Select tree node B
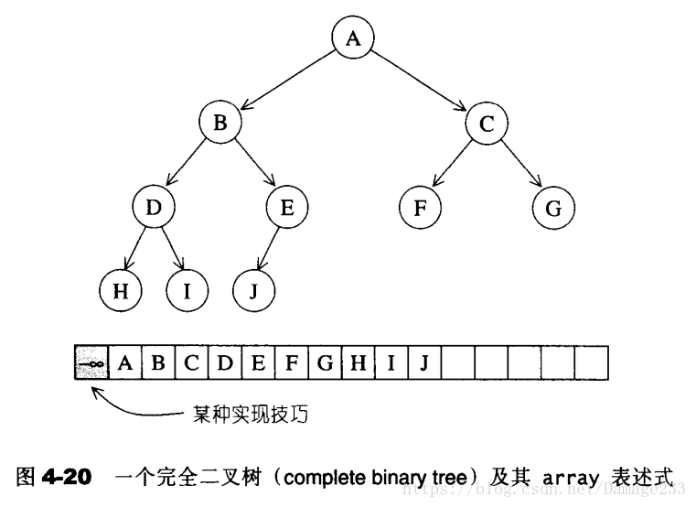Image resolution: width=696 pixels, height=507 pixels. [220, 124]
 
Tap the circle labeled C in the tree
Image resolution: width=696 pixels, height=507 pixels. [486, 124]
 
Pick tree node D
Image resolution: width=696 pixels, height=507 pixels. [153, 208]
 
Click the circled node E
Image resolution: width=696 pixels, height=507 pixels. [287, 208]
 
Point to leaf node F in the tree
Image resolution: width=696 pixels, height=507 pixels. [420, 208]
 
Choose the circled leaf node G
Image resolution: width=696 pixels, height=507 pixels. [553, 208]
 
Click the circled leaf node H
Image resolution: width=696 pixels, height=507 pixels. [120, 291]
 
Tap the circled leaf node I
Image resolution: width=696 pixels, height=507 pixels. [187, 291]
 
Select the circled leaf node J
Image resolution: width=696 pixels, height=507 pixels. [253, 291]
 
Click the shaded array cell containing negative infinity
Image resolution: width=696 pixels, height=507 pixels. [91, 362]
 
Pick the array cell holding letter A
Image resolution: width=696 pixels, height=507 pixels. [125, 362]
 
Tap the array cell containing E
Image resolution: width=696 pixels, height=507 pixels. [258, 362]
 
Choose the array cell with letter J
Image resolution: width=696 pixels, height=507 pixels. [424, 362]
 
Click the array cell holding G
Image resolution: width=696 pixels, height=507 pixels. [325, 362]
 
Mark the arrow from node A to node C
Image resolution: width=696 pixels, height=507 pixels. [421, 81]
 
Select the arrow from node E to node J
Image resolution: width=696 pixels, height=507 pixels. [270, 249]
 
